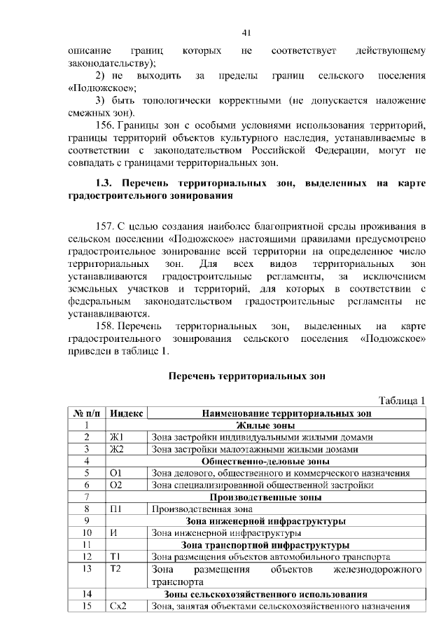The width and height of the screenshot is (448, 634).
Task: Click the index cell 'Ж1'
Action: click(x=117, y=437)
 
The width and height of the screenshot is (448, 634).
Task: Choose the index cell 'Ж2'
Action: click(x=117, y=449)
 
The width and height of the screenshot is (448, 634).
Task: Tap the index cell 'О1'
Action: click(x=117, y=473)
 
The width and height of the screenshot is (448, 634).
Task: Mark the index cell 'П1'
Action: click(x=117, y=509)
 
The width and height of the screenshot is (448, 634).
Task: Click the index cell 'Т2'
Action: click(x=117, y=569)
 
